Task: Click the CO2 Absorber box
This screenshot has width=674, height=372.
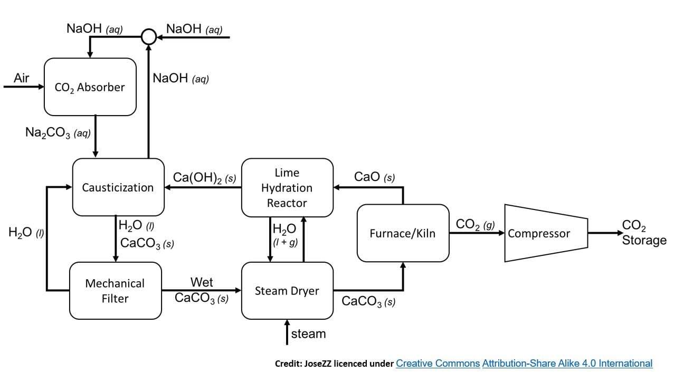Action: click(x=90, y=87)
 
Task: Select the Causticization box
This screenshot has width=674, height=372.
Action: click(x=118, y=187)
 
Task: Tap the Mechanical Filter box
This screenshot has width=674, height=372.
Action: click(x=116, y=291)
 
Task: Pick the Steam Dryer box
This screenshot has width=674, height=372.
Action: click(x=287, y=291)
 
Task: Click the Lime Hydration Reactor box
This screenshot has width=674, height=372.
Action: click(x=287, y=188)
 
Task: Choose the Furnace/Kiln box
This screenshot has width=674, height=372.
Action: click(x=403, y=233)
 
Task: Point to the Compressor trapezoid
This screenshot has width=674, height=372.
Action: click(x=546, y=233)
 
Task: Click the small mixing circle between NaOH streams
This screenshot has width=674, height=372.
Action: click(x=149, y=37)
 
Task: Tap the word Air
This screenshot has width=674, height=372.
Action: click(x=21, y=78)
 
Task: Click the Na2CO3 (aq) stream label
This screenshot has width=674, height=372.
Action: click(x=58, y=132)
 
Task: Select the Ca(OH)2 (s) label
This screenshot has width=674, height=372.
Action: click(x=204, y=177)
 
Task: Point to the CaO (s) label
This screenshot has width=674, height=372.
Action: click(x=374, y=177)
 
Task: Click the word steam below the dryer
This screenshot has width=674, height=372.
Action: click(x=308, y=334)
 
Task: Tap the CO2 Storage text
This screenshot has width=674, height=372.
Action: click(x=644, y=233)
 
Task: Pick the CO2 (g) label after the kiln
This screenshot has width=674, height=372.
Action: click(x=475, y=224)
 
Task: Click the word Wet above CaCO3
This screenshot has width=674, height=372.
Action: click(x=202, y=282)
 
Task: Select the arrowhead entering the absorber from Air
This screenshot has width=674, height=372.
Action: click(x=41, y=87)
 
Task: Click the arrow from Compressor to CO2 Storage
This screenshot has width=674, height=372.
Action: click(x=605, y=233)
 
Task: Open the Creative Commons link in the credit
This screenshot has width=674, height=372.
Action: click(x=438, y=363)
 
